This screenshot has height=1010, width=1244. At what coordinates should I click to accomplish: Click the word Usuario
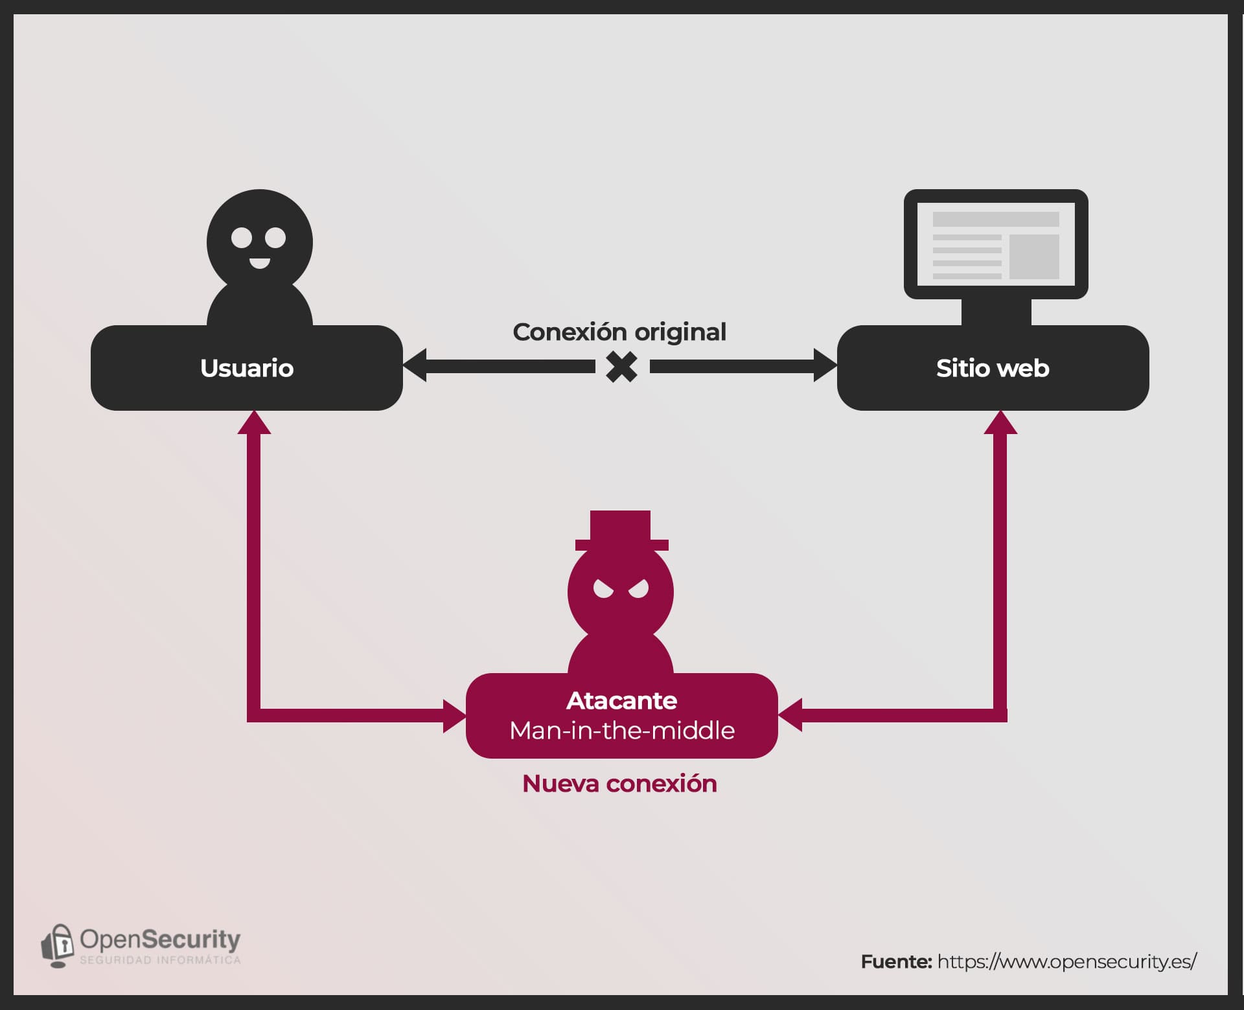coord(247,368)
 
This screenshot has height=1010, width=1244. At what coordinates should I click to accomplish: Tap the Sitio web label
coord(993,368)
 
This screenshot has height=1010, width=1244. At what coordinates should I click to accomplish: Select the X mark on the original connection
coord(621,367)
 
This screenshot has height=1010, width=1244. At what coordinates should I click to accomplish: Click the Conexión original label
coord(619,332)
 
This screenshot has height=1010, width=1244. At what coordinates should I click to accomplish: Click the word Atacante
coord(621,700)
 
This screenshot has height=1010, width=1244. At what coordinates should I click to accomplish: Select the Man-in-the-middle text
coord(622,731)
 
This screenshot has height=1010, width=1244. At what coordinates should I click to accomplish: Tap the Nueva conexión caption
coord(619,784)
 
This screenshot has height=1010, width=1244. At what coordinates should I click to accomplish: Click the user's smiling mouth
coord(260,262)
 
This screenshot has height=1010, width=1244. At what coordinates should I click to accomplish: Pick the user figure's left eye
coord(242,238)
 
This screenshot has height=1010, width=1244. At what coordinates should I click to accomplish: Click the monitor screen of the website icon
coord(996,244)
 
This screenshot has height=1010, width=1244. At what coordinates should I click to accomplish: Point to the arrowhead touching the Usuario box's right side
coord(415,366)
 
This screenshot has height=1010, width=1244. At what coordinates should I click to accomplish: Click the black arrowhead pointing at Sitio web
coord(825,366)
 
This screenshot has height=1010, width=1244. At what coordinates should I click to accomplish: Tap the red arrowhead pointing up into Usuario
coord(254,422)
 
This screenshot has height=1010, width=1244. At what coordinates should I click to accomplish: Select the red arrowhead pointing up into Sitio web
coord(1000,422)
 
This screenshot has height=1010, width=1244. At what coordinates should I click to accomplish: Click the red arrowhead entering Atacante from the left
coord(455,716)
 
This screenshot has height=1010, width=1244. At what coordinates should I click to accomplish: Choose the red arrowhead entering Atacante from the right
coord(790,715)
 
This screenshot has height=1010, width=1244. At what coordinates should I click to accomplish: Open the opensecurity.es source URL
coord(1066,961)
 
